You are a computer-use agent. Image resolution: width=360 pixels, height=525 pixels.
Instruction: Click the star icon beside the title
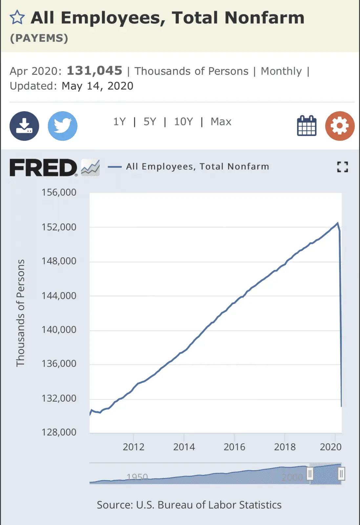coord(17,17)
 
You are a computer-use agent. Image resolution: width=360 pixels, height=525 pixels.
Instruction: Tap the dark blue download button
coord(24,126)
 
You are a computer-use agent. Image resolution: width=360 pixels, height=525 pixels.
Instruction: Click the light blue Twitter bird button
coord(62,126)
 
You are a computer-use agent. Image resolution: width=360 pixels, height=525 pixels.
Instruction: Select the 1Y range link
coord(119,122)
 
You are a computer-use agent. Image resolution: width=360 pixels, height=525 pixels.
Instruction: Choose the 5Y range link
coord(150,122)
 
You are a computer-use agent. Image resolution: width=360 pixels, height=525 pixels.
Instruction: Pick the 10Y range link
coord(183,122)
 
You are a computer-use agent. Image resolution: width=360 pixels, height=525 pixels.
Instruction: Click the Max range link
coord(221,122)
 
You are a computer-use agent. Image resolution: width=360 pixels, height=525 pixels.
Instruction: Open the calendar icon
coord(307,126)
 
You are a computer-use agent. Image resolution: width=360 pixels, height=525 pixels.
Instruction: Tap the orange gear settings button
coord(340,126)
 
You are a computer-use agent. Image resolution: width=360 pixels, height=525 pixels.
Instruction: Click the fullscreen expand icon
coord(342,167)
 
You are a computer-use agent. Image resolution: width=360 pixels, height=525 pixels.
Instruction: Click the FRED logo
coord(43,167)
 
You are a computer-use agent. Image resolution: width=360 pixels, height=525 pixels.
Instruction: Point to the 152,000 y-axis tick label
coord(59,227)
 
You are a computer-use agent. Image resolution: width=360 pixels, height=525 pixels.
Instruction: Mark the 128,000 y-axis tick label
coord(59,432)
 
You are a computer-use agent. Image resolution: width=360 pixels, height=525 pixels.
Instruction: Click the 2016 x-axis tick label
coord(234,447)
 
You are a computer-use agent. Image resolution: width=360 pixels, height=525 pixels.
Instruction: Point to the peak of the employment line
coord(337,223)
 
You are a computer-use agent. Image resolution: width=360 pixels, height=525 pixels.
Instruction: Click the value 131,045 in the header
coord(95,71)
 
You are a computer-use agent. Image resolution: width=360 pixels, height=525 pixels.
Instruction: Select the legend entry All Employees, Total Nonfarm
coord(197,167)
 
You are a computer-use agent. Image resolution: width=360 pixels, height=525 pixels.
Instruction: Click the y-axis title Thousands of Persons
coord(20,313)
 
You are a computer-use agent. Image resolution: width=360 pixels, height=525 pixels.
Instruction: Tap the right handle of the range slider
coord(341,474)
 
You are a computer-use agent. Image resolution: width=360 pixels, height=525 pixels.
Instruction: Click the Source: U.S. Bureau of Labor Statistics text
coord(189,505)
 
